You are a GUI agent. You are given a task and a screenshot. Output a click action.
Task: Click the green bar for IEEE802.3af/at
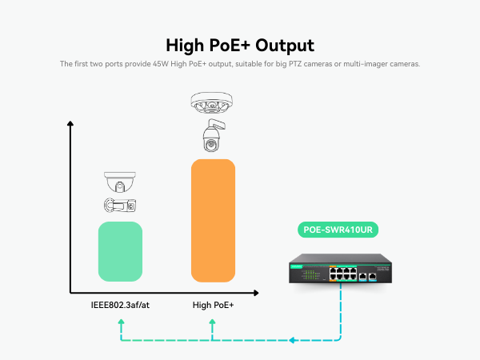point(120,251)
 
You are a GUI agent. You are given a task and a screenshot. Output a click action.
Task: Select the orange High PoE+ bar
point(213,220)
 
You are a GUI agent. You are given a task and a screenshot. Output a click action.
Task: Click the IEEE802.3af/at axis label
point(120,305)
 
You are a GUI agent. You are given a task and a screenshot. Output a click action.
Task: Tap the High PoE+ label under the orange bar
point(213,305)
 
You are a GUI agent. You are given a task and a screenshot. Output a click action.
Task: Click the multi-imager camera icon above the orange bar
point(212,103)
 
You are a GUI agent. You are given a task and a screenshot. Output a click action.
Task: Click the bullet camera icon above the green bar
point(120,205)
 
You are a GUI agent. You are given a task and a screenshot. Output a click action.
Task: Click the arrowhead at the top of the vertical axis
point(70,124)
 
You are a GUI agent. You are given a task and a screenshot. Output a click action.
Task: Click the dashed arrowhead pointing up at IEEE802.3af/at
point(120,322)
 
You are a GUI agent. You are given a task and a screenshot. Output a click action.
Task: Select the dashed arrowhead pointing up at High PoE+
point(213,322)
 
